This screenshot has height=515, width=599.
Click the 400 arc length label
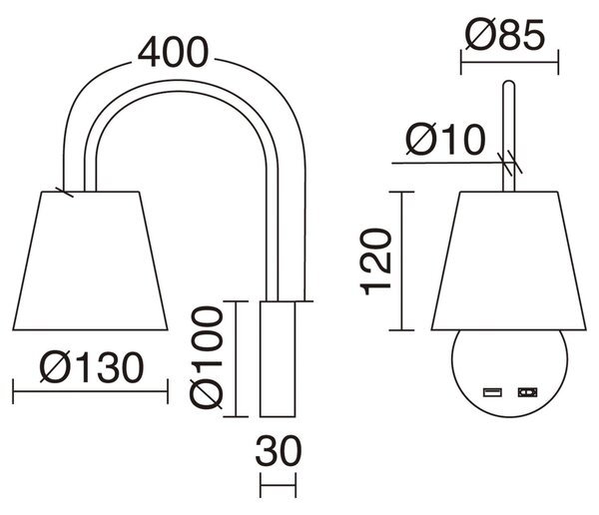pos(173,52)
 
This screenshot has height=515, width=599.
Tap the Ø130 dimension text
pos(92,367)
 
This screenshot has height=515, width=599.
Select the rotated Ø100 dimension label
pos(206,357)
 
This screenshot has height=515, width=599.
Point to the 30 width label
pos(279,451)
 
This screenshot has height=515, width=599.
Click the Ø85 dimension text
pos(504,34)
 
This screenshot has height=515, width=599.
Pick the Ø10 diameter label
pos(445,140)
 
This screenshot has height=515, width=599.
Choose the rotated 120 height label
pos(376,261)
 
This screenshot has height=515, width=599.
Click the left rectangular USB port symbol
pos(492,392)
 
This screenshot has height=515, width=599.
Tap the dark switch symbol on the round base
pos(527,392)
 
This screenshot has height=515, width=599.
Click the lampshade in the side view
pos(90,260)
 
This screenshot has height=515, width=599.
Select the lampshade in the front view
pos(508,260)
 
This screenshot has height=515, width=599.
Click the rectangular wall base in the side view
pos(278,358)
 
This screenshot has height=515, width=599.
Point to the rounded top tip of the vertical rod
pos(509,81)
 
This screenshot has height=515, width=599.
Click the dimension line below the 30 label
pos(279,485)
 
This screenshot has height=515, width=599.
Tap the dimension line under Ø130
pos(90,391)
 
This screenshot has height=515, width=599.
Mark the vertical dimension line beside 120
pos(401,260)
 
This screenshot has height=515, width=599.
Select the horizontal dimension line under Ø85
pos(509,62)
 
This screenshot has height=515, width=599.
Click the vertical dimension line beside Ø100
pos(237,358)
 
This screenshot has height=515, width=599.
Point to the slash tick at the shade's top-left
pos(64,193)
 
